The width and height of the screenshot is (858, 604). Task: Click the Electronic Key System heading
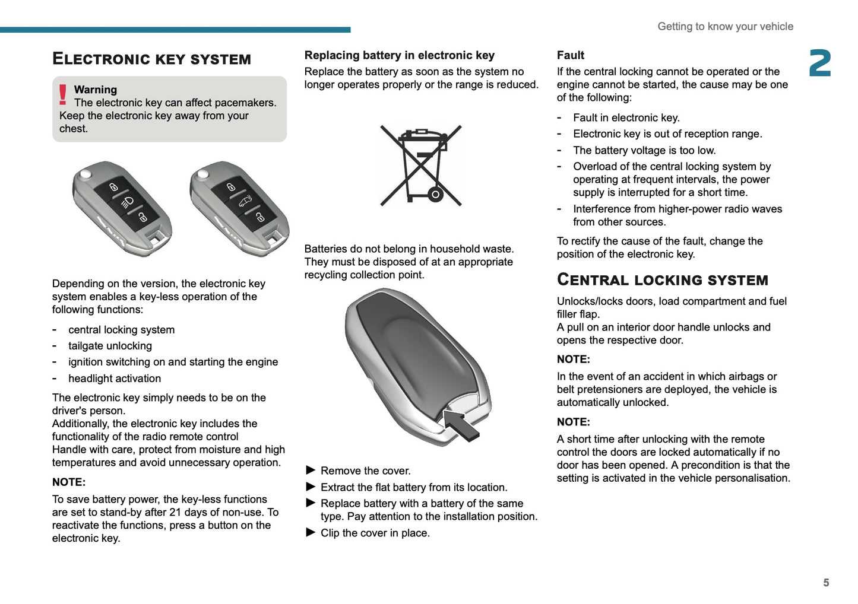point(151,59)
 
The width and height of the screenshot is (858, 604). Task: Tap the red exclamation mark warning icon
point(62,95)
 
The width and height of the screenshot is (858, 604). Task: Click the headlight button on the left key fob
point(128,202)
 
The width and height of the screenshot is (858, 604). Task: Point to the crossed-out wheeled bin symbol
point(420,166)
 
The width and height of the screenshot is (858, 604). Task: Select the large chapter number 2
point(820,63)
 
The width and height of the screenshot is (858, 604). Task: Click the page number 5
point(826,583)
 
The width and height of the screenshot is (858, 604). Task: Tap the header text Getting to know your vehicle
point(725,27)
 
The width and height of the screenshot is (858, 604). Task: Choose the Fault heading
point(571,55)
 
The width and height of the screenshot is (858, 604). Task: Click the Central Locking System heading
point(662,280)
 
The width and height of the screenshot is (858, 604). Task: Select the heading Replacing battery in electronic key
point(400,55)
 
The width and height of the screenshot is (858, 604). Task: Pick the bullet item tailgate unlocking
point(110,346)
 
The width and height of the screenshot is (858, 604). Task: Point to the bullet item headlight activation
point(115,379)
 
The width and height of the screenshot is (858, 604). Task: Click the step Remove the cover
point(365,471)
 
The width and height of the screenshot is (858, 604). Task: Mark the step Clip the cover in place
point(375,533)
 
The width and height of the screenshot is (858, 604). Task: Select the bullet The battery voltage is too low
point(644,151)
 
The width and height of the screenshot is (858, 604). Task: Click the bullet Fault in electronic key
point(626,118)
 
